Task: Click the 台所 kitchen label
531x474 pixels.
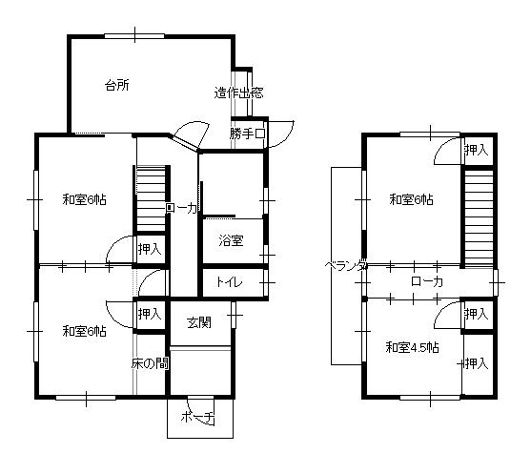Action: pos(117,85)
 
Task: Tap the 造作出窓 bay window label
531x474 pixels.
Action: pos(238,93)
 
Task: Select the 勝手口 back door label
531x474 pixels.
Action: pos(247,134)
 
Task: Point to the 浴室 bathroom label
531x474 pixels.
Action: pos(231,240)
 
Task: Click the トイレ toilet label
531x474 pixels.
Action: pos(229,282)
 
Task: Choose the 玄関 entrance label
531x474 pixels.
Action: pos(199,322)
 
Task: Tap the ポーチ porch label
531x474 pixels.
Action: pos(198,418)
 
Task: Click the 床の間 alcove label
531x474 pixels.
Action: pos(150,363)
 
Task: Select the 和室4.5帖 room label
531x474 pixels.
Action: pos(413,347)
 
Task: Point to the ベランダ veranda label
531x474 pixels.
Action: pos(346,265)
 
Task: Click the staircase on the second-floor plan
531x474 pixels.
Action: pos(479,217)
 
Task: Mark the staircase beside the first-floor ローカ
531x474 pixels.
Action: pos(151,198)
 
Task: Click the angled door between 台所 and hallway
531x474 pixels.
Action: pos(185,143)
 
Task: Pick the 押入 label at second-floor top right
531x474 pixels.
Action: pos(477,150)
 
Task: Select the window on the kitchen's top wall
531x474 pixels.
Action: pos(134,36)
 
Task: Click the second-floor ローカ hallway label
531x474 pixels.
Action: pos(427,281)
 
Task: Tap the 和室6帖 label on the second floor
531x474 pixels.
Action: pos(412,199)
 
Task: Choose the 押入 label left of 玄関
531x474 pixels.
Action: pos(150,314)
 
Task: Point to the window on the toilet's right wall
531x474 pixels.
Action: pos(266,282)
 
